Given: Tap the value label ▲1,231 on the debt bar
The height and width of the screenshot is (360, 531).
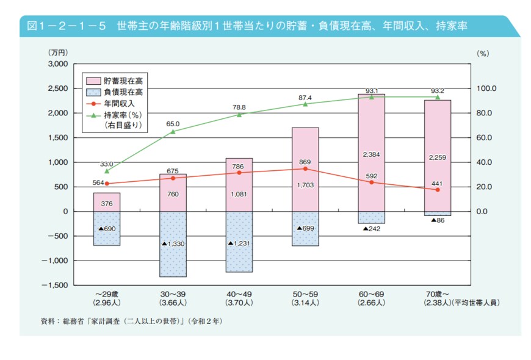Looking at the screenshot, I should (239, 243).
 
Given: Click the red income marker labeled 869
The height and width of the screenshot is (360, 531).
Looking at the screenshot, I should (305, 168).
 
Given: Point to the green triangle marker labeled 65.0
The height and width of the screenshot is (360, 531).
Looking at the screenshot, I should (173, 132).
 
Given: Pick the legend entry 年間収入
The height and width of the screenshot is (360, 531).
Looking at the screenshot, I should (122, 104).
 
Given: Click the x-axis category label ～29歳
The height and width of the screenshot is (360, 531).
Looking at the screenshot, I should (107, 294).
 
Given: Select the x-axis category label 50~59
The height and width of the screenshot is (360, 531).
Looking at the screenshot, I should (305, 294).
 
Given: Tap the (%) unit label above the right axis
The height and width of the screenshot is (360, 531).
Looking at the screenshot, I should (482, 54).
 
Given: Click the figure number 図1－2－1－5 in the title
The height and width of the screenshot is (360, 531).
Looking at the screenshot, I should (67, 26).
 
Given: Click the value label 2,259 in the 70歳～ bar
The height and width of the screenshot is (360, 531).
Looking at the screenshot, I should (437, 158).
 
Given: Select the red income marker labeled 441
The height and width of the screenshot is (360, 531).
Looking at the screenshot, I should (437, 190).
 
